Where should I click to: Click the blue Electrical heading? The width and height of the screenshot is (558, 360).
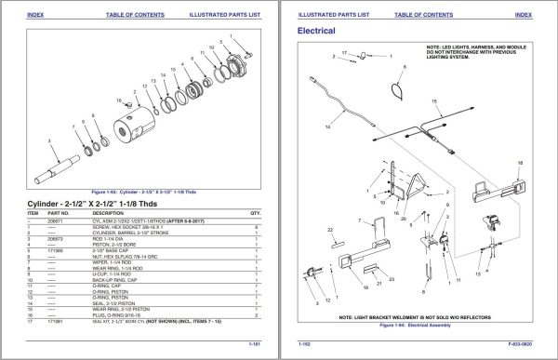[315, 31]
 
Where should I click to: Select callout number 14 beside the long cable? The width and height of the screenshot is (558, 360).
[327, 124]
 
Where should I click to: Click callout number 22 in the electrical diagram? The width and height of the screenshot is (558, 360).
[331, 228]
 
